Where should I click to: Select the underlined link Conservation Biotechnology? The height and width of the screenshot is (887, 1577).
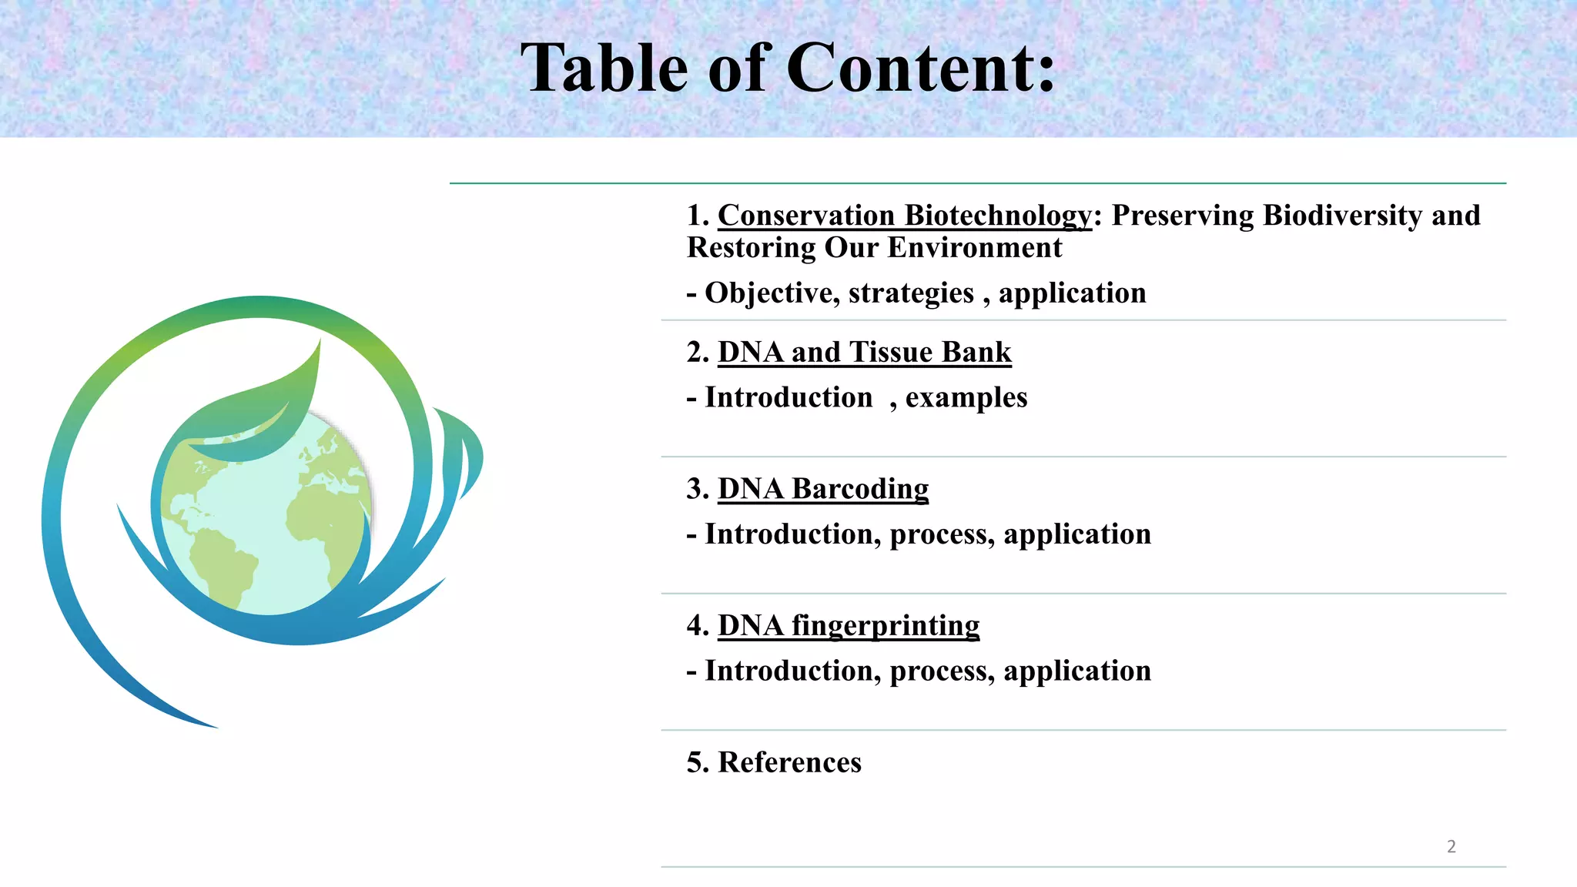click(x=904, y=216)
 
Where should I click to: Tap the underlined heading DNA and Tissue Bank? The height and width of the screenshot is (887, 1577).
click(x=864, y=352)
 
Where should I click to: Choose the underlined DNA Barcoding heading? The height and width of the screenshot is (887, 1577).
click(x=822, y=489)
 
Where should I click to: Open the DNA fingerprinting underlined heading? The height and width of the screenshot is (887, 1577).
click(x=848, y=625)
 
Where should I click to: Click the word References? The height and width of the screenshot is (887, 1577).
click(x=789, y=762)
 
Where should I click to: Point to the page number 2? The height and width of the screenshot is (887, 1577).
click(x=1451, y=846)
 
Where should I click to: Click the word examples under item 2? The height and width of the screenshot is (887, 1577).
click(x=966, y=397)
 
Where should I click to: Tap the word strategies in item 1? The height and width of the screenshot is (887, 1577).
click(x=911, y=293)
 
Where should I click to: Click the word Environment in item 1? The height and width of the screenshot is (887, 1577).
click(x=974, y=248)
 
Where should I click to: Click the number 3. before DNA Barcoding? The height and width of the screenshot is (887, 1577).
click(x=697, y=489)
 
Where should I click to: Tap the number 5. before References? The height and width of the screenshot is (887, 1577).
click(x=697, y=762)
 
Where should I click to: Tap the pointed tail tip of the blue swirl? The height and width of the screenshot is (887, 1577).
click(x=212, y=725)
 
